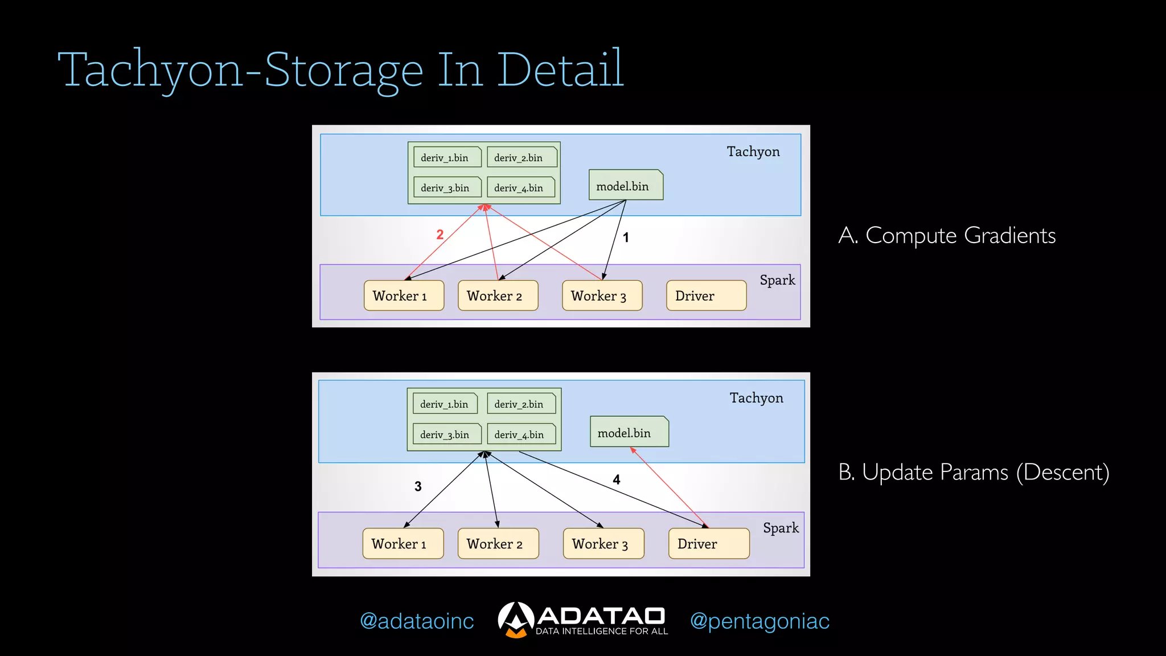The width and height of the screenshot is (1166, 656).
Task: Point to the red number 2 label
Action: (x=440, y=235)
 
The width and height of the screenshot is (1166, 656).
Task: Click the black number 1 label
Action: (x=626, y=238)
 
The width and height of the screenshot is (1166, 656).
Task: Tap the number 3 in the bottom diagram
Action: (x=418, y=486)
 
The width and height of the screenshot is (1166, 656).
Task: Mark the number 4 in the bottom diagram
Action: (x=617, y=479)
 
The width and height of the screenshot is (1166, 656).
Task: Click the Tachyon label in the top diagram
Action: (x=753, y=151)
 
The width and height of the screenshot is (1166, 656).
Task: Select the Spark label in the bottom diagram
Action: (x=781, y=528)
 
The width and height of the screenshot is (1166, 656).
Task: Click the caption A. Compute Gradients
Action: (x=947, y=235)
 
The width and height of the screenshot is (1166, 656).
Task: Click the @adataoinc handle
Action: (x=417, y=621)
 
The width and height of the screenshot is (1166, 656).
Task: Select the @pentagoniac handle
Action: (x=759, y=621)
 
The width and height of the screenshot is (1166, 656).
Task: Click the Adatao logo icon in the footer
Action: (x=516, y=620)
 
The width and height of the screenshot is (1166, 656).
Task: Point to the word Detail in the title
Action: (x=561, y=69)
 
